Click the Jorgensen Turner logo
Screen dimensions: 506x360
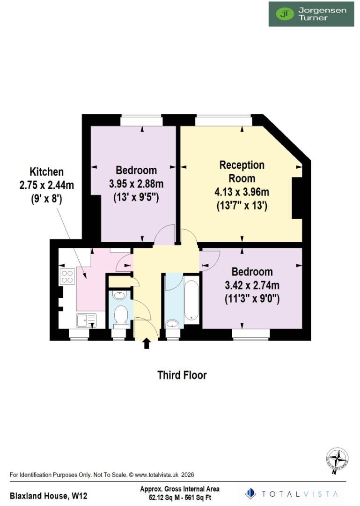(311, 14)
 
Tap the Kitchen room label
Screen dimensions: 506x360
(46, 171)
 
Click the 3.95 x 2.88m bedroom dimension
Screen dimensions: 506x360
(137, 184)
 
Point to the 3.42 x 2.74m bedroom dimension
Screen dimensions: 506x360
(252, 285)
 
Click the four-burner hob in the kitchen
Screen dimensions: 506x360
(67, 276)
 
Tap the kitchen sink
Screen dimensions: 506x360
(86, 320)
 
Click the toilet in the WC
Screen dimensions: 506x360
(121, 315)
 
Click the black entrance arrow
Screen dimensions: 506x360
(147, 343)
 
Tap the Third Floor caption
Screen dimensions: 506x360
(182, 375)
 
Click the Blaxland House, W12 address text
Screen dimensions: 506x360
(48, 495)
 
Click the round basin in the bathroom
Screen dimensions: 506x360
(172, 323)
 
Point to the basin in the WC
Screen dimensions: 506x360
(120, 296)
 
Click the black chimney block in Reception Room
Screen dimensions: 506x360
(297, 198)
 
